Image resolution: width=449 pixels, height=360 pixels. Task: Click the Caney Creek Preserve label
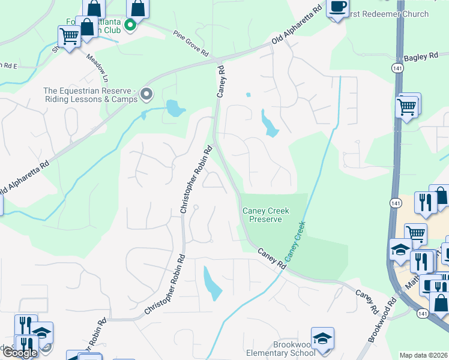click(x=266, y=215)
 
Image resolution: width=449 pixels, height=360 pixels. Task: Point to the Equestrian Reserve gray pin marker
click(x=146, y=94)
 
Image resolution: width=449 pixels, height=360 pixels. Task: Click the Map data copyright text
click(x=423, y=355)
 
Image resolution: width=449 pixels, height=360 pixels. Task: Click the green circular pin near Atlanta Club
click(x=130, y=27)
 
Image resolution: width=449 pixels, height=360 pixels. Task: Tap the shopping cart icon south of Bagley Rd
click(x=406, y=107)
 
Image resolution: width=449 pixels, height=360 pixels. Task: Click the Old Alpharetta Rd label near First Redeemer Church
click(x=297, y=27)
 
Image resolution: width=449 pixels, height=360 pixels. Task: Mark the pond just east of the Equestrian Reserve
click(x=175, y=109)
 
